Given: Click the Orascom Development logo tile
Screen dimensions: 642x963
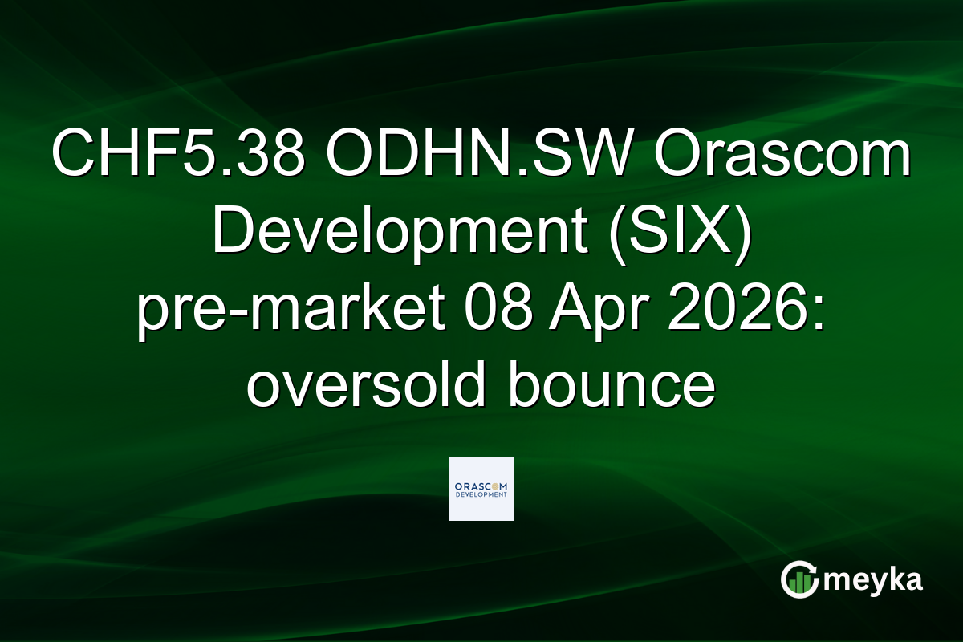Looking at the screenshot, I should [x=481, y=489].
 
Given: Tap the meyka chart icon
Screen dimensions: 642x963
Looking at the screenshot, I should [x=798, y=579].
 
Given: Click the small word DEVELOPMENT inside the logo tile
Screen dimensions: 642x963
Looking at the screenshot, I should [x=481, y=495].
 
